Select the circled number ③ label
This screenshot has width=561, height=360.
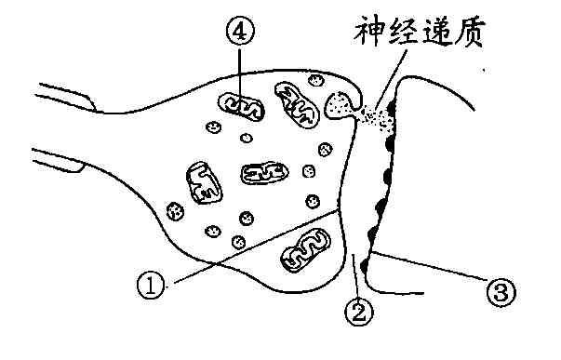(x=500, y=293)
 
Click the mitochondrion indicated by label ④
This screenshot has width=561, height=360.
(x=243, y=108)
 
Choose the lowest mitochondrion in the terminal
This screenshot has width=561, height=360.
(x=306, y=250)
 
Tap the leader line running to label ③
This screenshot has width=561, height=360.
(x=428, y=270)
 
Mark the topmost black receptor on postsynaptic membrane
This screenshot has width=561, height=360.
(x=392, y=106)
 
